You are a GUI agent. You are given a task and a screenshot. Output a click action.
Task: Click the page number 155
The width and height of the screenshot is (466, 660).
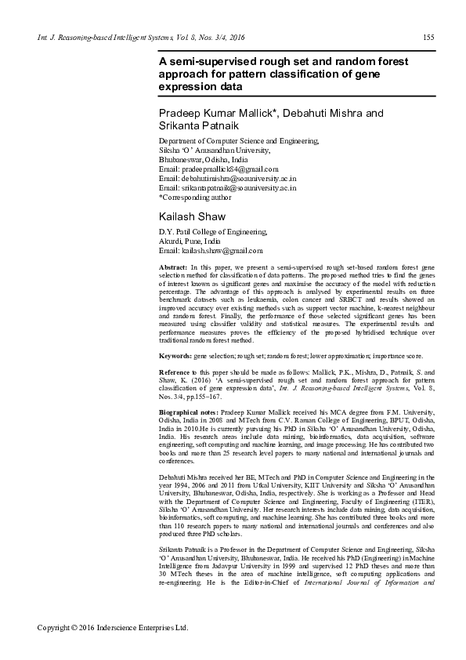click(428, 38)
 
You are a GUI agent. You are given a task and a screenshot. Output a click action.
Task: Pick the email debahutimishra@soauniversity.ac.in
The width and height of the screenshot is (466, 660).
click(227, 179)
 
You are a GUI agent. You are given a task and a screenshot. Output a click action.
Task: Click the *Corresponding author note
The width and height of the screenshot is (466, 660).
click(195, 198)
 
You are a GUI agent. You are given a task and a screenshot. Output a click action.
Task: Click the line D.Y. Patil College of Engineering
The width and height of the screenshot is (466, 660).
click(212, 232)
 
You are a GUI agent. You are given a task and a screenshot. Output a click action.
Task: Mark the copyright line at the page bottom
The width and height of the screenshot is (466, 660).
click(114, 628)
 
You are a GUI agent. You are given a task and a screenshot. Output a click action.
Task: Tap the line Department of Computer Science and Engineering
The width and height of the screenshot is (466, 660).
click(239, 140)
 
